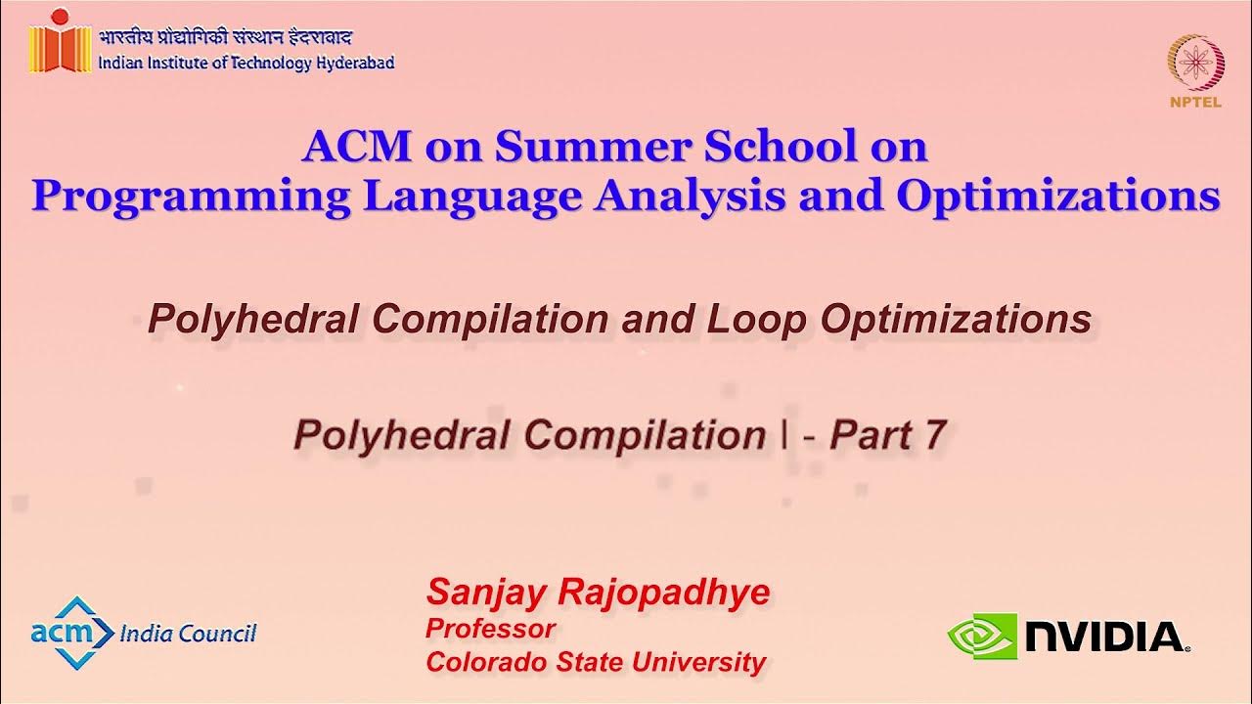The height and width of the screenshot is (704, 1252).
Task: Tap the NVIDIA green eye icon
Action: point(983,636)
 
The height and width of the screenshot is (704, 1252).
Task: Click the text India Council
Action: point(187,634)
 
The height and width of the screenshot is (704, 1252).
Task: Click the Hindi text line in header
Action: point(225,37)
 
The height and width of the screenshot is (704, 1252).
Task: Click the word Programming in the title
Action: point(191,196)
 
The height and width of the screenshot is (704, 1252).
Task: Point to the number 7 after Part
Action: point(933,435)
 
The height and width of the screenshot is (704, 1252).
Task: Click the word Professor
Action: point(490,628)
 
